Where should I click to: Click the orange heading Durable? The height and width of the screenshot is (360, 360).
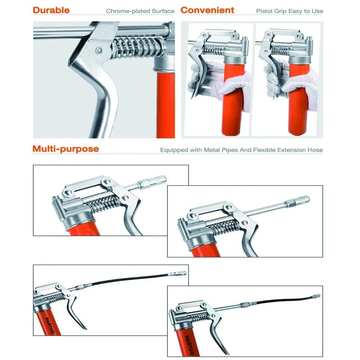pyautogui.click(x=51, y=10)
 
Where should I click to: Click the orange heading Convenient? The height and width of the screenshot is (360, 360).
pyautogui.click(x=207, y=10)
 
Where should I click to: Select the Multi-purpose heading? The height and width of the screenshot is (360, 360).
pyautogui.click(x=66, y=149)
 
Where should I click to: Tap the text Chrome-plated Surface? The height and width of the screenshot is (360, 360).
pyautogui.click(x=140, y=11)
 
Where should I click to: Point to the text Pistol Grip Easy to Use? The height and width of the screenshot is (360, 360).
pyautogui.click(x=289, y=11)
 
